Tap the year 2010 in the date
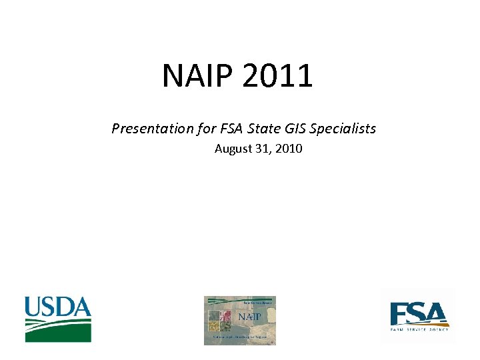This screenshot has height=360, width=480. click(x=289, y=149)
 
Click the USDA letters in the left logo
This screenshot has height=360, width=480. click(x=58, y=307)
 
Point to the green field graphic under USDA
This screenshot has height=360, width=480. click(x=58, y=329)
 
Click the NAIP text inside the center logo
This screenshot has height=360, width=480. click(x=249, y=315)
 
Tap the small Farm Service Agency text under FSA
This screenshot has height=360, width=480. click(x=419, y=329)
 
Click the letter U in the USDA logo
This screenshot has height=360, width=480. click(x=33, y=307)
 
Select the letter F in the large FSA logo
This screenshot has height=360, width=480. click(x=399, y=313)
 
